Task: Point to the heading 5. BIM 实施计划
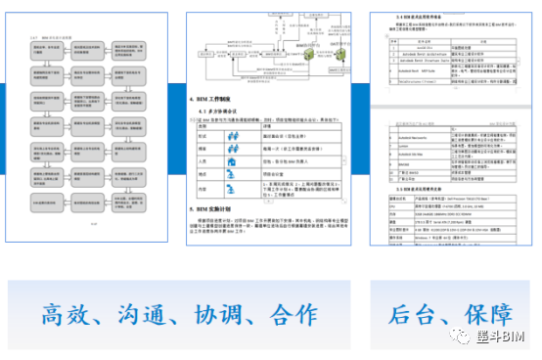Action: click(x=223, y=208)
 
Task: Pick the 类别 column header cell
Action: click(x=203, y=126)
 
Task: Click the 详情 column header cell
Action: click(x=269, y=126)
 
